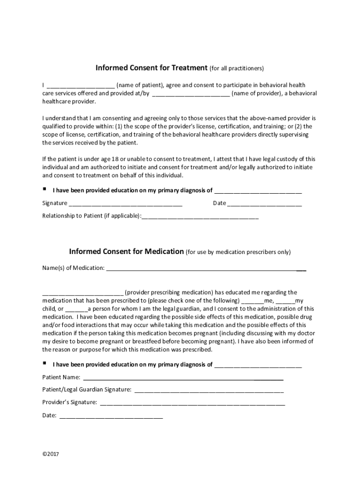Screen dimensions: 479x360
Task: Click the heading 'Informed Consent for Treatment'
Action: [151, 68]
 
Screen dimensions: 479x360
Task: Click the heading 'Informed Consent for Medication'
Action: [126, 251]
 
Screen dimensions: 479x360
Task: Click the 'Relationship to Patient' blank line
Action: [200, 217]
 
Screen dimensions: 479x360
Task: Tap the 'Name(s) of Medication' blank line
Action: [206, 269]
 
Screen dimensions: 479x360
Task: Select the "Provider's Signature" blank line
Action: [192, 403]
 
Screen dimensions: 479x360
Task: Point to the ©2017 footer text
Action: [50, 454]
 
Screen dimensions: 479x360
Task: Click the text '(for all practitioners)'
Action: [237, 69]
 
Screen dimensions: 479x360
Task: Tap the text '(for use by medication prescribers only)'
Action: [238, 252]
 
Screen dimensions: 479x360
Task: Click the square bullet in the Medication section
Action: [44, 363]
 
